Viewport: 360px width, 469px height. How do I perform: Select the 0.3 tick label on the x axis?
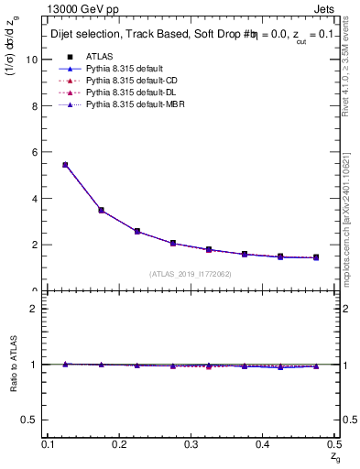[x=191, y=443]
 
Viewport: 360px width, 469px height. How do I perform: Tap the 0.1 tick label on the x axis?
[x=49, y=443]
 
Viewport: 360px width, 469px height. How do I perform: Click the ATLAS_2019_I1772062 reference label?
[x=191, y=274]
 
